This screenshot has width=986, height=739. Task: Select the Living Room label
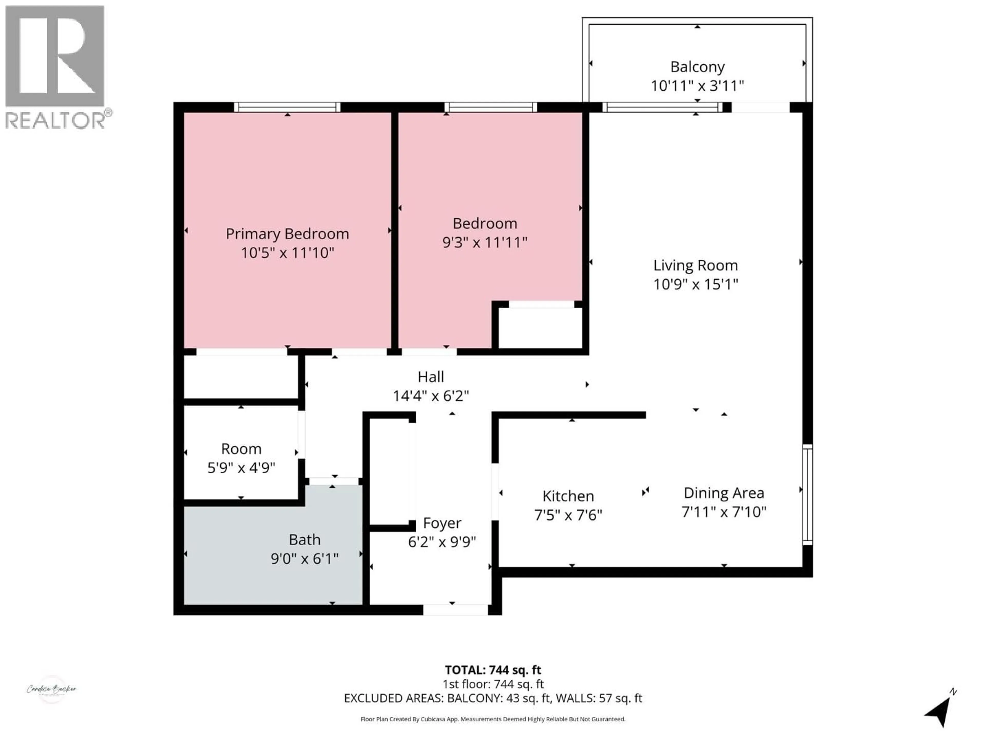point(695,266)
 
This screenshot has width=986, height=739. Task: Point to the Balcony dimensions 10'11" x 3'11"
point(697,85)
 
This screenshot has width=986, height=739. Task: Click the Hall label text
point(431,377)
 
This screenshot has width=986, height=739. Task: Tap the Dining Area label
point(724,493)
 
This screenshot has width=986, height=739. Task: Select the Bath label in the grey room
point(305,540)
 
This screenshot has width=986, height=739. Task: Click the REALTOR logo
point(55,67)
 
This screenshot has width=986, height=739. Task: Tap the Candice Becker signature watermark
point(52,689)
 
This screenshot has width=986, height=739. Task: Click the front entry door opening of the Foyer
point(455,610)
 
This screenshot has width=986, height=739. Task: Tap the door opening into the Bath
point(334,481)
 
